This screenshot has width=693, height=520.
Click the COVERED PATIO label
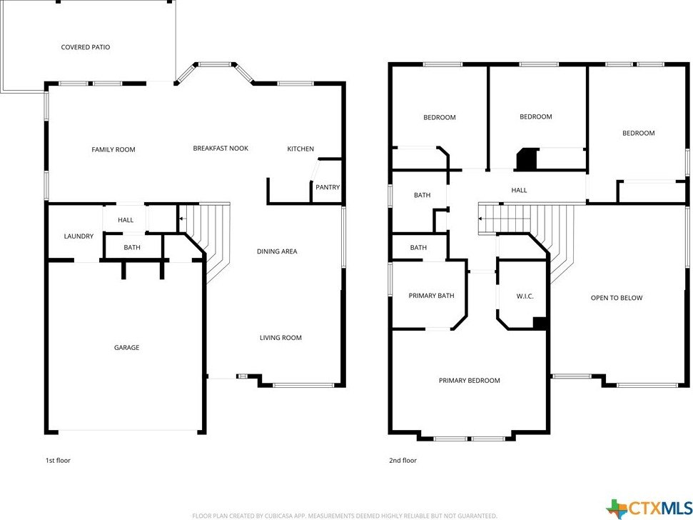[86, 47]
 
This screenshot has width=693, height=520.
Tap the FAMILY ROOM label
[113, 149]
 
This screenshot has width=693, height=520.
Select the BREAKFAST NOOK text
[221, 148]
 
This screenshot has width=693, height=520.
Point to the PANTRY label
[328, 187]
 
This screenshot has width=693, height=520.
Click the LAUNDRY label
[79, 236]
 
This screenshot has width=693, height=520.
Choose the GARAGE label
[126, 348]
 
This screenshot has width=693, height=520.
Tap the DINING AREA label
[277, 251]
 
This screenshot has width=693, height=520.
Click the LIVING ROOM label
[280, 337]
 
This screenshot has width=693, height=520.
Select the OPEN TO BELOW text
[617, 298]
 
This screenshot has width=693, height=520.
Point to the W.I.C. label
[525, 296]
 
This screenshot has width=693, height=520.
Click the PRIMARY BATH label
[431, 296]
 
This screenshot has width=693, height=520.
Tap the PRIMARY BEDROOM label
[470, 380]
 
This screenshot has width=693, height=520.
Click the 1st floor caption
[58, 460]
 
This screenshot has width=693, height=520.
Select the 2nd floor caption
[403, 460]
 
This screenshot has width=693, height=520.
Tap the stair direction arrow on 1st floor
[182, 219]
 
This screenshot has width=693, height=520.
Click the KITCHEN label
[300, 149]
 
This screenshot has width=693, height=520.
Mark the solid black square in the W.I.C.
[540, 324]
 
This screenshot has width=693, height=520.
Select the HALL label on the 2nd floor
[519, 190]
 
